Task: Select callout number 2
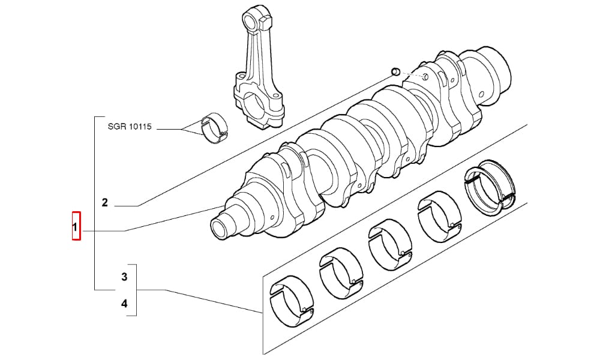(x=105, y=203)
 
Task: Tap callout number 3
(x=124, y=277)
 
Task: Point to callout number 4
(x=124, y=304)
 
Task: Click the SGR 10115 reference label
(x=130, y=127)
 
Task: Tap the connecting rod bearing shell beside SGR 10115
(x=214, y=128)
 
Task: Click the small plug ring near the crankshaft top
(x=395, y=71)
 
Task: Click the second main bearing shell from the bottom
(x=341, y=273)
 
